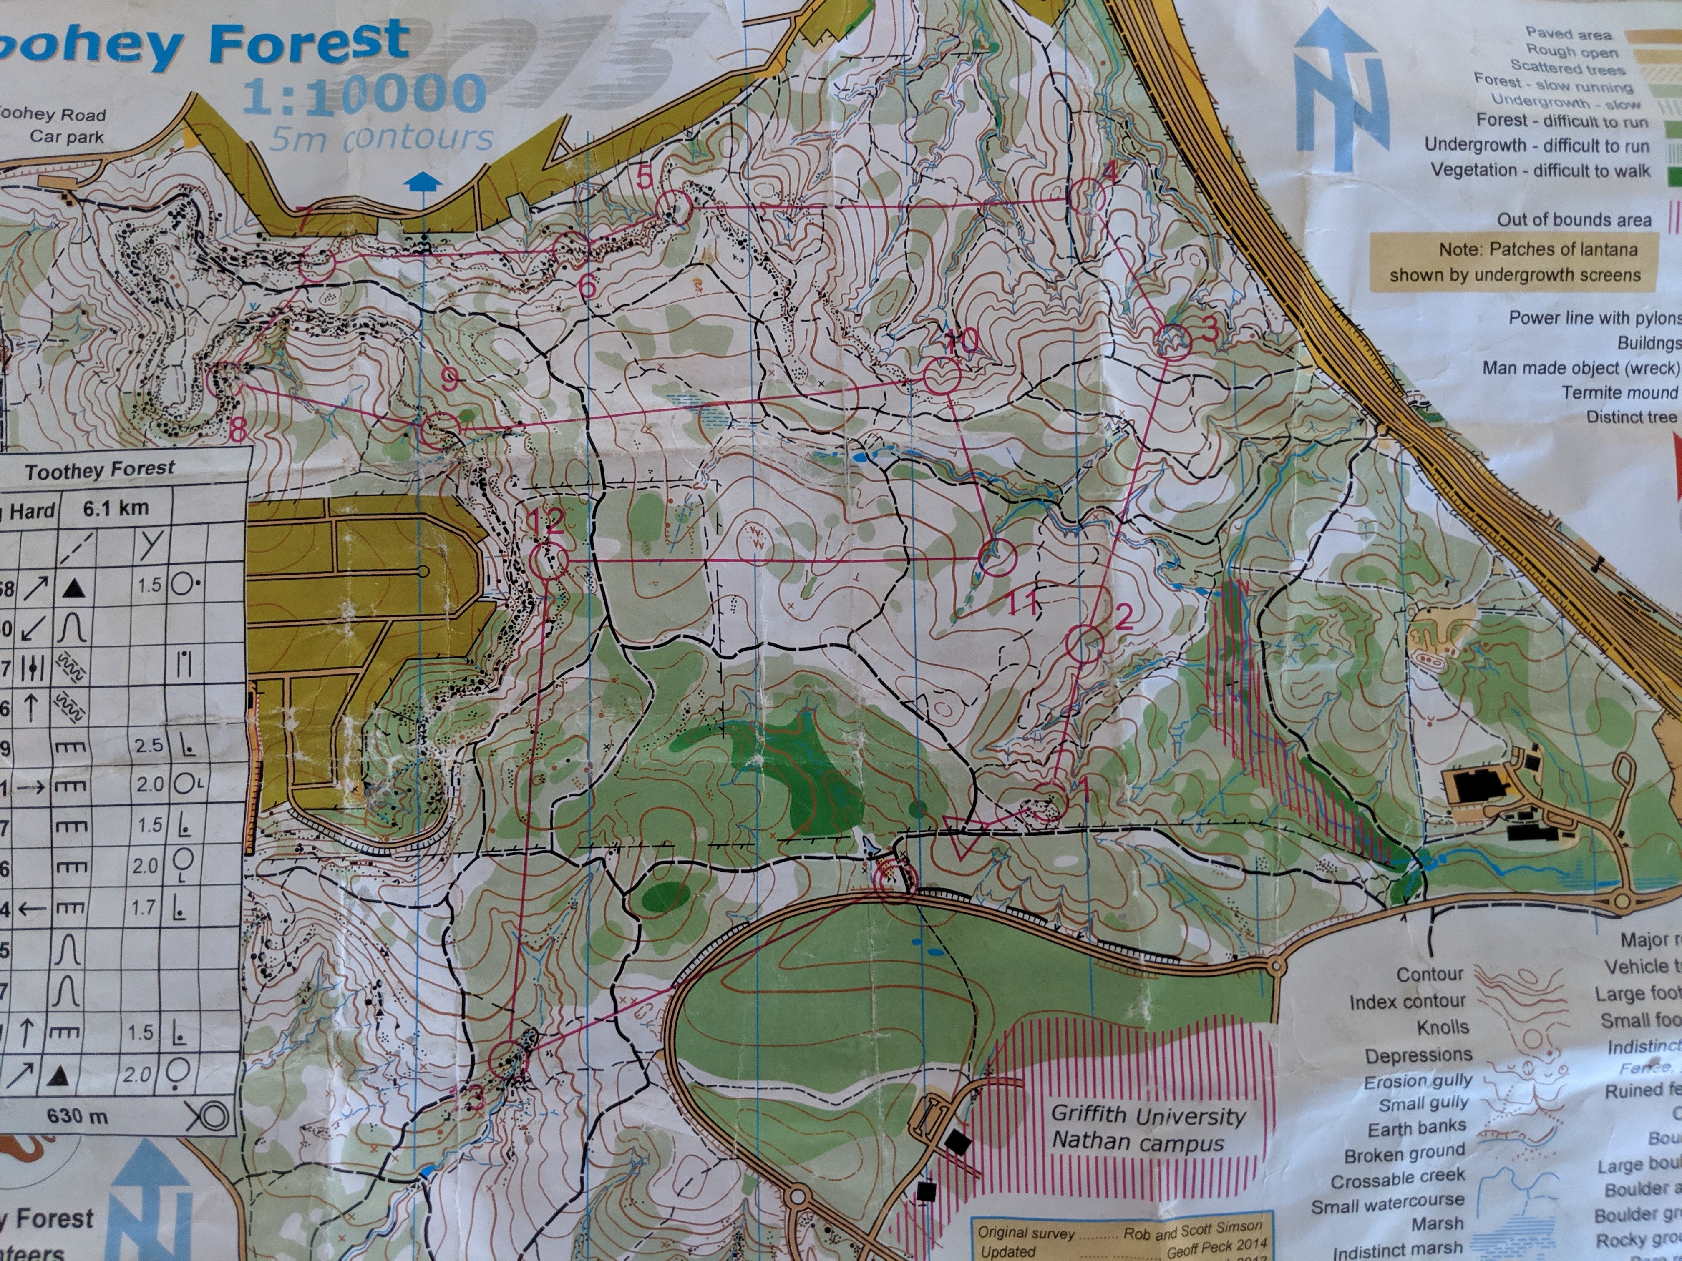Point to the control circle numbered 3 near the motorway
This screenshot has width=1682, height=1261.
point(1173,341)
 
